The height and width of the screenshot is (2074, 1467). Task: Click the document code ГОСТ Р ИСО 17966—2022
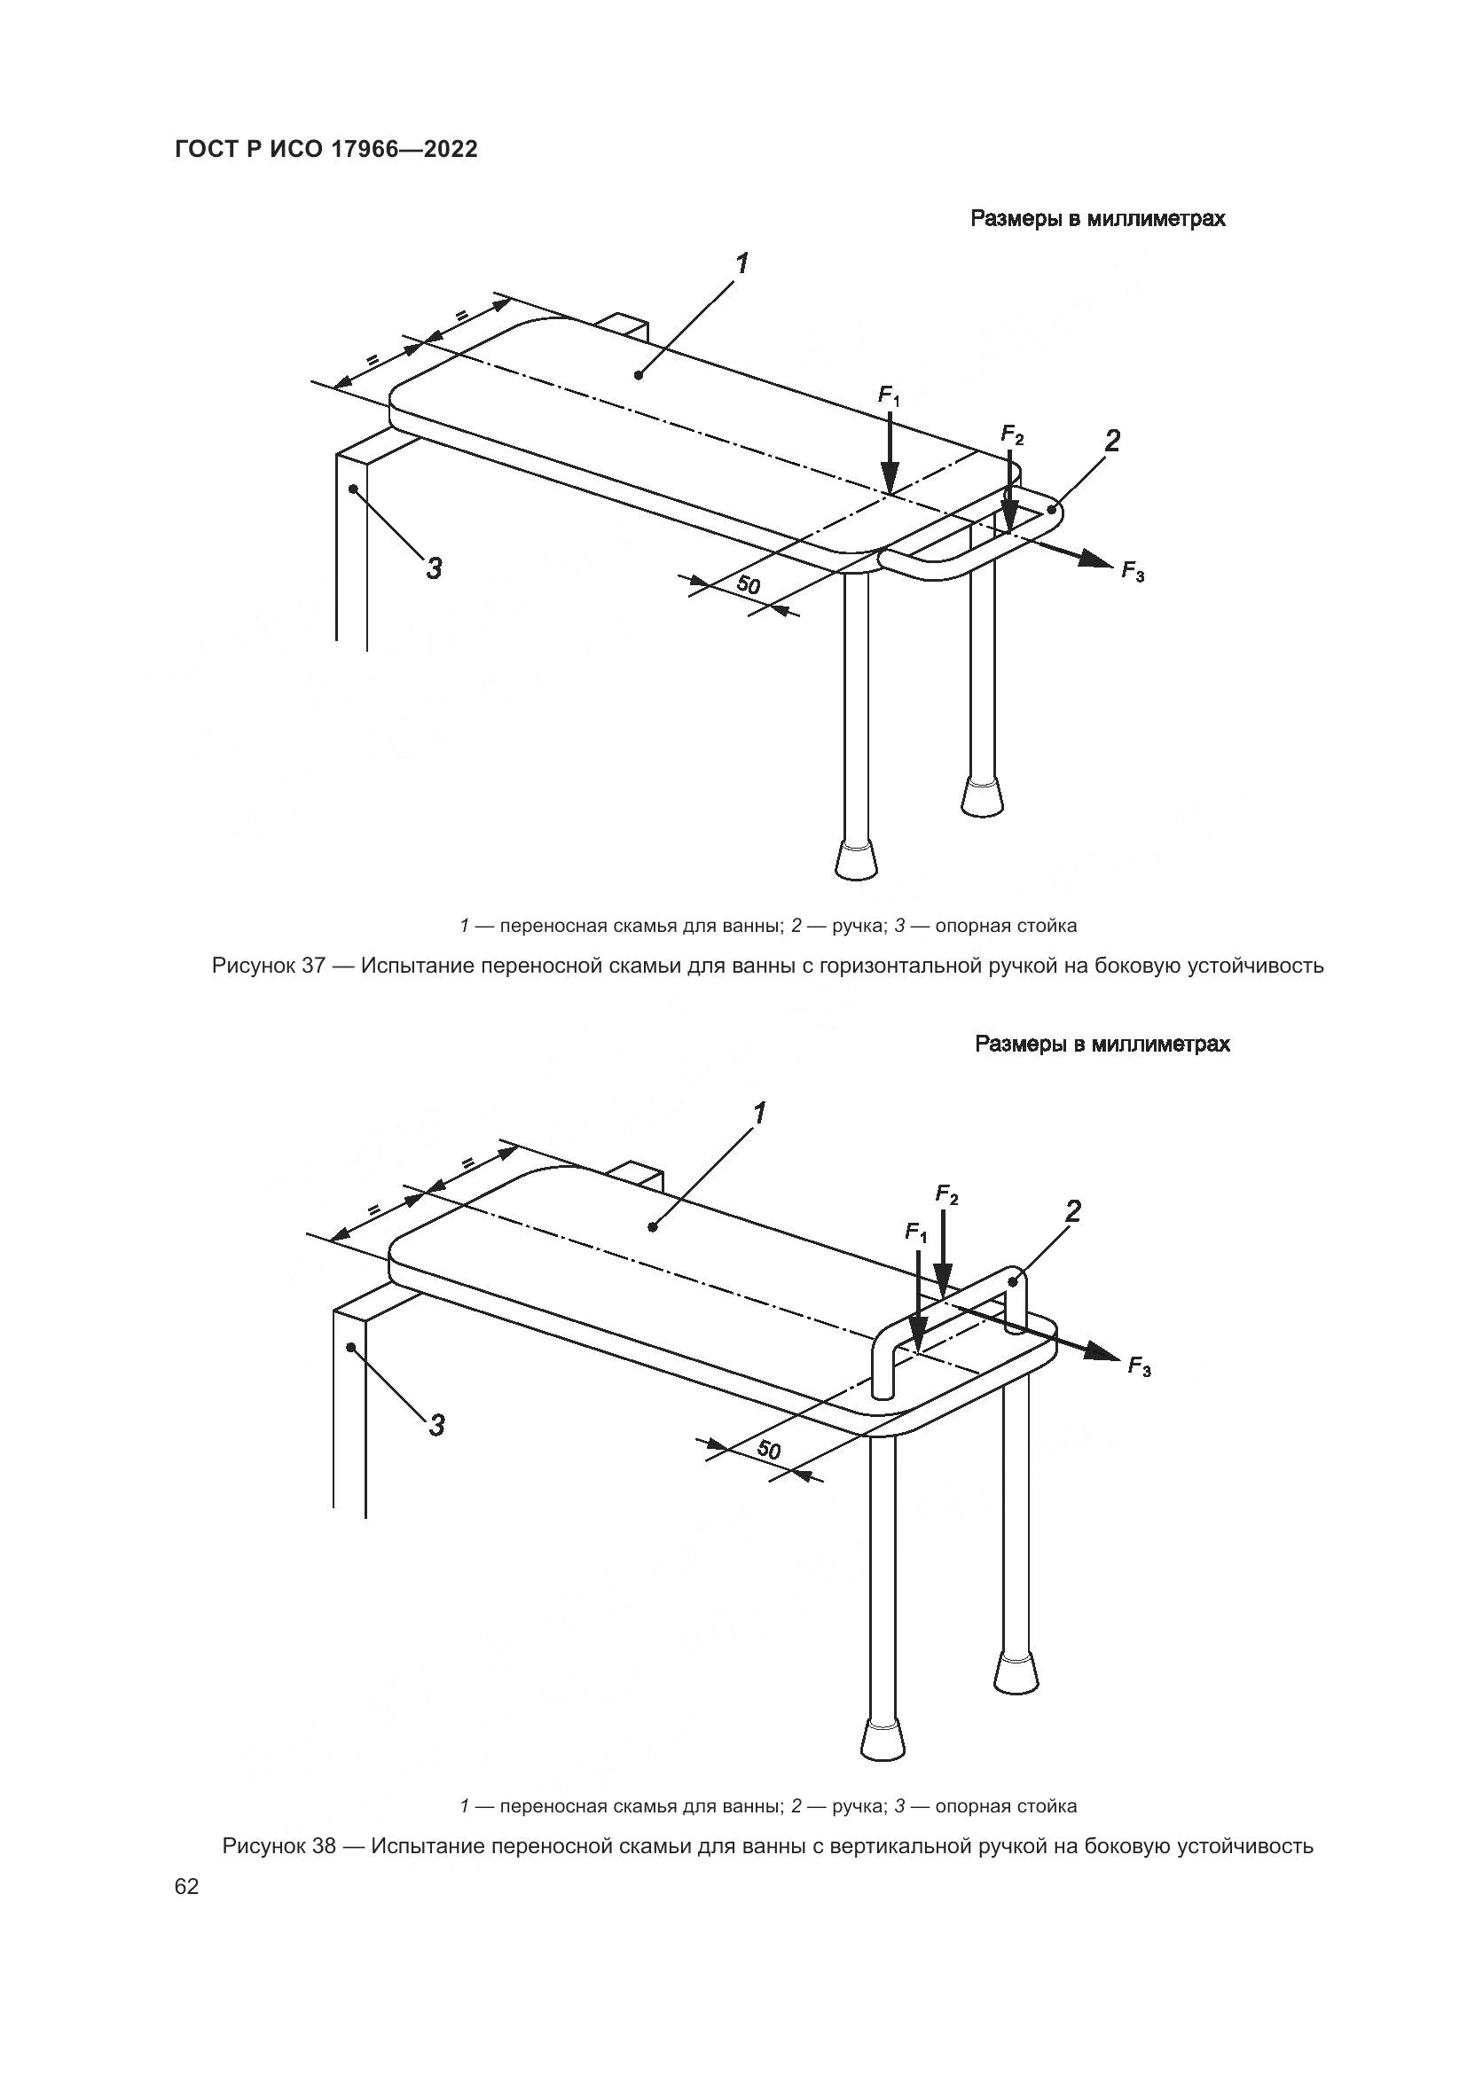[x=326, y=150]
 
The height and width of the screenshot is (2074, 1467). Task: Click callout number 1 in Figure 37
[x=741, y=263]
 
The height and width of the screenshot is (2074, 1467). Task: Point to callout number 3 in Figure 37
[x=434, y=568]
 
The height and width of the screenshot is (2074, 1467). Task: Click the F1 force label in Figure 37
[x=889, y=395]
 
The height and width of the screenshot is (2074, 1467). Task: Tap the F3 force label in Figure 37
[x=1133, y=571]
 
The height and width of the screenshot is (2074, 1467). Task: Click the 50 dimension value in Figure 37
[x=748, y=584]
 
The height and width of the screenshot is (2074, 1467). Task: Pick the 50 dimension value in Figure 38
[x=768, y=1450]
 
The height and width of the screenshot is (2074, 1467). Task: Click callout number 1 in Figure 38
[x=760, y=1113]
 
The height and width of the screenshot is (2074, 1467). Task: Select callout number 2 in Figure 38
[x=1072, y=1211]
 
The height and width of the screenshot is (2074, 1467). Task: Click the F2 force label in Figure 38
[x=945, y=1195]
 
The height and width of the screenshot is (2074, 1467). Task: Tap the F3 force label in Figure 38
[x=1139, y=1367]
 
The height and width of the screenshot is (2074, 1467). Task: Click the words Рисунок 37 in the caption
[x=267, y=966]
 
